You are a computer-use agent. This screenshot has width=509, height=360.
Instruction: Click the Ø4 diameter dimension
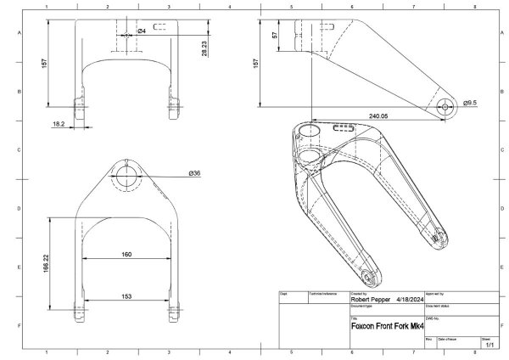point(142,31)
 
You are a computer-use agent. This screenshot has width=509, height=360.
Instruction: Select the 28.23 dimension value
point(204,48)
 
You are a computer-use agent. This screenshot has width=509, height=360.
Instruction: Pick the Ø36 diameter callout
point(194,173)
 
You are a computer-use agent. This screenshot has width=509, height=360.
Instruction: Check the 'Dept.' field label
point(284,292)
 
